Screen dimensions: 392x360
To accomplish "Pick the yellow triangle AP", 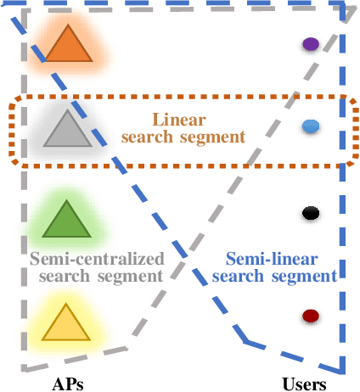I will [65, 322].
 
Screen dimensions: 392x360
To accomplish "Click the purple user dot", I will [311, 44].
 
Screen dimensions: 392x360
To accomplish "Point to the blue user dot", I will [311, 126].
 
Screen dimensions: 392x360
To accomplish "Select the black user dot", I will [311, 213].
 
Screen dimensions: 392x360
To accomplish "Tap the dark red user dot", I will [311, 316].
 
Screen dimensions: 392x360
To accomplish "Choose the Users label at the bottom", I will [304, 384].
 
